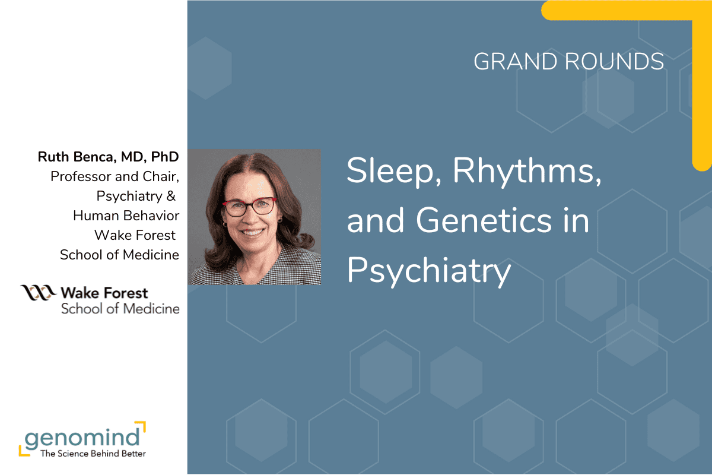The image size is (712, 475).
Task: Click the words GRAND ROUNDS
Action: click(x=568, y=62)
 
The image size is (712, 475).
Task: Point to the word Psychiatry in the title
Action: click(x=428, y=271)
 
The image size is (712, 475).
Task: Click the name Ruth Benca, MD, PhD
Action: click(x=109, y=157)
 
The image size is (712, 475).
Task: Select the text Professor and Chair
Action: click(x=115, y=176)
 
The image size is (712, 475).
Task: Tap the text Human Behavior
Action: click(x=126, y=216)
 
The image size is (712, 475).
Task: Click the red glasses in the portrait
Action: click(x=249, y=206)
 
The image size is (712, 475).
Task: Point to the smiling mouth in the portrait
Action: click(x=252, y=232)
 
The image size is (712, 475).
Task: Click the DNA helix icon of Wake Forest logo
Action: click(x=39, y=293)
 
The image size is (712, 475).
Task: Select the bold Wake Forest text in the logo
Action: click(x=104, y=293)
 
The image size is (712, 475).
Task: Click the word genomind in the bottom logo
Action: click(x=81, y=438)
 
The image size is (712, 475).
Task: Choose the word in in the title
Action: click(x=575, y=221)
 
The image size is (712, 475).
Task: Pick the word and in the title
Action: click(x=376, y=221)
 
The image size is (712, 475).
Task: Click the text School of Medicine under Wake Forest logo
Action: click(x=120, y=308)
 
